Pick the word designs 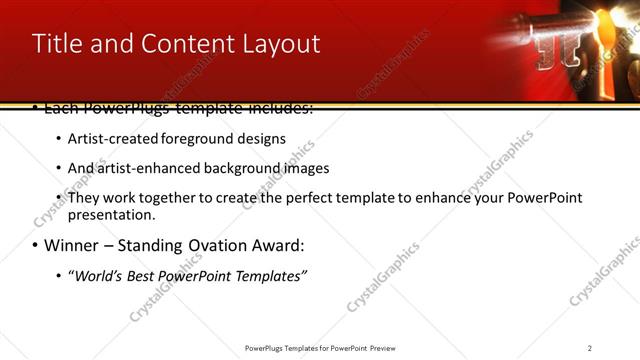coord(260,138)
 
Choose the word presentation coord(110,215)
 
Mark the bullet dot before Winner coord(36,246)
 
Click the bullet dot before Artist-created coord(58,139)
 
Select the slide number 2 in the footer coord(590,348)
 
